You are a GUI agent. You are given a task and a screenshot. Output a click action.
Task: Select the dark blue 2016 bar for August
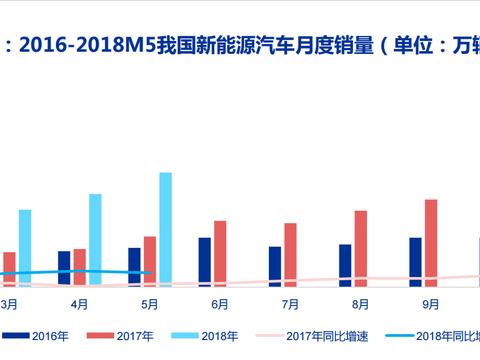345,264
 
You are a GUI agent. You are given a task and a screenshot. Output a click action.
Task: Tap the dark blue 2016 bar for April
64,267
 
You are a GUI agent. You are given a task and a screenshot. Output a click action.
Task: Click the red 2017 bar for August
361,247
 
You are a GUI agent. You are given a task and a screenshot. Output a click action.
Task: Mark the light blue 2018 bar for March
25,246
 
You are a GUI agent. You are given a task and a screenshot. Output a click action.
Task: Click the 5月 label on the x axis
149,302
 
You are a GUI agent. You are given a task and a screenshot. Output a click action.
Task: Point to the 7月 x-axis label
290,302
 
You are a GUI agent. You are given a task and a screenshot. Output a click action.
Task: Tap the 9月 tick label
431,302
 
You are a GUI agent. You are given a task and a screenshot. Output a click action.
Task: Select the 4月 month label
79,302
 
